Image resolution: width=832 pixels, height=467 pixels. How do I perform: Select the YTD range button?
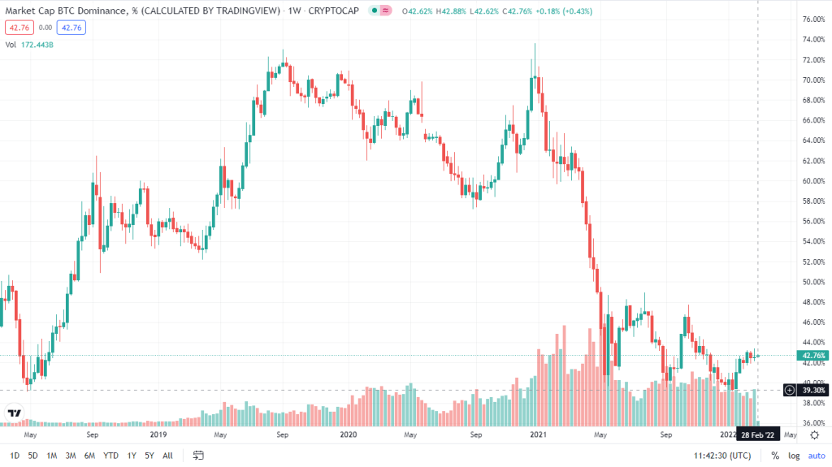coord(111,456)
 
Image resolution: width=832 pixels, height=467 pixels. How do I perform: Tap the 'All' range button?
coord(167,456)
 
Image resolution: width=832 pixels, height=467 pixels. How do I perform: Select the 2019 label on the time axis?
coord(158,435)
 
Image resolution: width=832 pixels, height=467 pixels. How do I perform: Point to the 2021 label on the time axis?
coord(537,435)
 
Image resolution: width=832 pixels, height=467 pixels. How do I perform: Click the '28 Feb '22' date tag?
coord(759,435)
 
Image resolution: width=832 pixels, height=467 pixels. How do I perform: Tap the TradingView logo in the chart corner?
coord(14,413)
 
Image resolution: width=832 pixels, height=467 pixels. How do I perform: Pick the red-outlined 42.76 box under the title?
coord(17,27)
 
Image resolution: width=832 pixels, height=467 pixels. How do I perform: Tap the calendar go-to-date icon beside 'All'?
coord(198,456)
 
